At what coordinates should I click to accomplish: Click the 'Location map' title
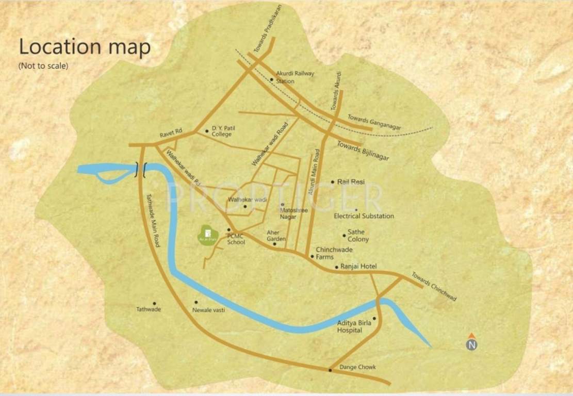(x=85, y=47)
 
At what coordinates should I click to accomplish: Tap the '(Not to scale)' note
(x=43, y=66)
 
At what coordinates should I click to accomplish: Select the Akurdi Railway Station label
(x=294, y=77)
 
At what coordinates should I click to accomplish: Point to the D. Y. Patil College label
(x=222, y=131)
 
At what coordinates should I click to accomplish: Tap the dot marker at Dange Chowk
(x=330, y=370)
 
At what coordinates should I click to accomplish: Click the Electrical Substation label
(x=364, y=216)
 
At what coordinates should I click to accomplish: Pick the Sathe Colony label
(x=358, y=236)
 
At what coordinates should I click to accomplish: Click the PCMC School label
(x=236, y=239)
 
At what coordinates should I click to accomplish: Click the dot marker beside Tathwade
(x=154, y=304)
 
